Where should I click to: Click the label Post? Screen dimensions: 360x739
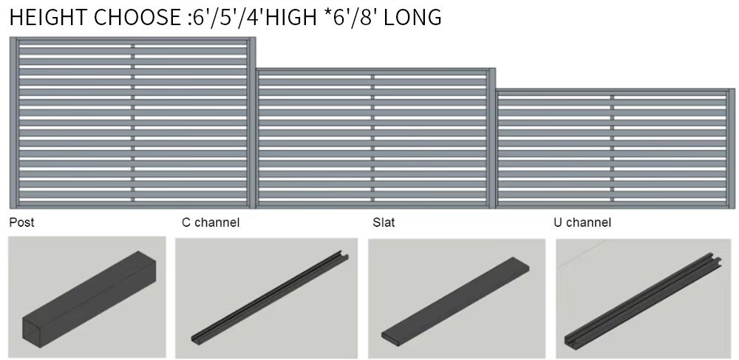point(21,222)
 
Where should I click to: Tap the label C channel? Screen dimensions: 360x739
point(211,222)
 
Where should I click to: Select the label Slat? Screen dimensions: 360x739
point(384,222)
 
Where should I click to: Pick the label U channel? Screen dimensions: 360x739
point(582,222)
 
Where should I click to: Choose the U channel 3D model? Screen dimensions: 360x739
point(639,298)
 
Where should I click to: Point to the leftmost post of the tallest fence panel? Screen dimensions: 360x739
point(14,123)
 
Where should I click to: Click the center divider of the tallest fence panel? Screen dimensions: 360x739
point(134,123)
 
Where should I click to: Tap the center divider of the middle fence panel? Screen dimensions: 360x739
point(372,137)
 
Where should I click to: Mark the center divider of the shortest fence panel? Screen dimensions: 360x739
point(612,149)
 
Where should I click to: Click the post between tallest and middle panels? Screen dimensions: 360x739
point(253,123)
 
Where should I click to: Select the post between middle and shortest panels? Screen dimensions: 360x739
point(492,137)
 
